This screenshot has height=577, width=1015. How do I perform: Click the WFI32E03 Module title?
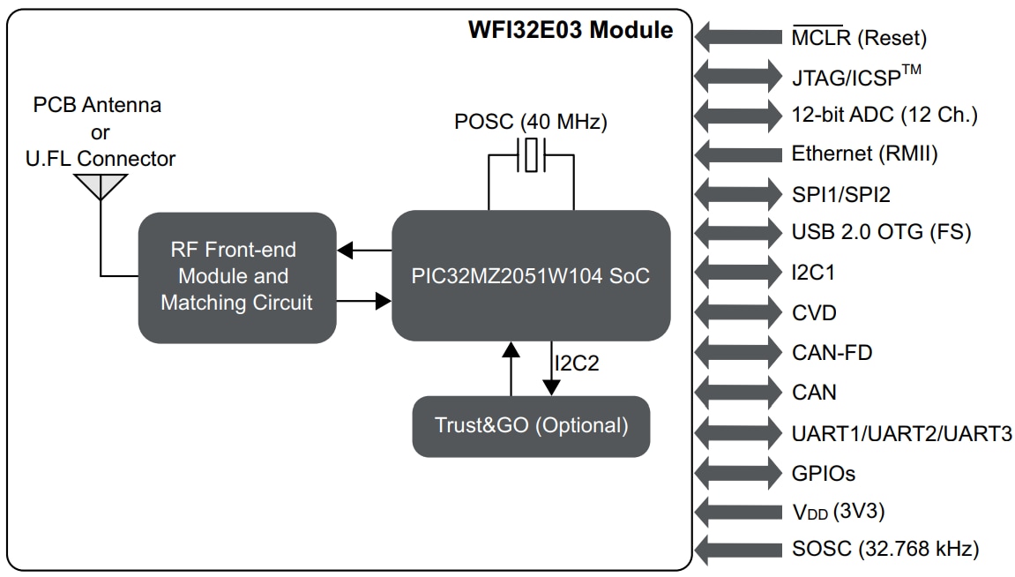pos(570,30)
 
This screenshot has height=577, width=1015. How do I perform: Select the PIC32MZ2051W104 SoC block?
pos(530,276)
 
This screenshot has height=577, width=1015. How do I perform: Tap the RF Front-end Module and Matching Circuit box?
pos(236,277)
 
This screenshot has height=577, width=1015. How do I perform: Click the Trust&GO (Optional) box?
pos(531,426)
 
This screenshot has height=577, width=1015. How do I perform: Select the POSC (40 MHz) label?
pos(531,123)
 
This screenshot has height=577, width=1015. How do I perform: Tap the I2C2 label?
pos(578,363)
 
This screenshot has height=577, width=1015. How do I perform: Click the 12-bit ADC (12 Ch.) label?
pos(884,115)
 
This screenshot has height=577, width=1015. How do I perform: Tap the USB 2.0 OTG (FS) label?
pos(881,233)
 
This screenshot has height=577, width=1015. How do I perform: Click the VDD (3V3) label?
pos(839,512)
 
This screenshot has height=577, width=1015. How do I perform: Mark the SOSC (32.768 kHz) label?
pos(885,550)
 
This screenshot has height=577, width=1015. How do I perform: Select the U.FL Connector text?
pos(101,159)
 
